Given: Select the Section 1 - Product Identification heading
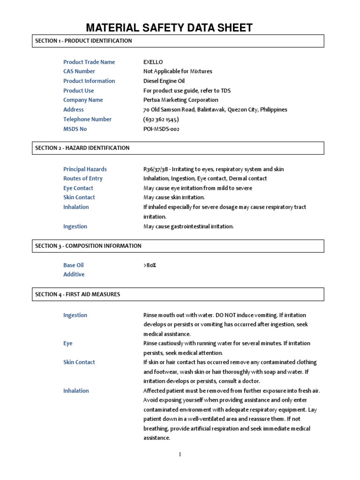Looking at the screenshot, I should point(83,41).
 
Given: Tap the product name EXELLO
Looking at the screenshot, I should point(153,62).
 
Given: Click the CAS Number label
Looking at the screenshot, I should point(79,71).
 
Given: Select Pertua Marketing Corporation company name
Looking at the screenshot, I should point(180,100).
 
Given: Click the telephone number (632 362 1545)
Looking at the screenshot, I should point(161,119).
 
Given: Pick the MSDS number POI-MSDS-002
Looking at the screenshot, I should point(161,129).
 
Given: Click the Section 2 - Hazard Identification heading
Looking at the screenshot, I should point(82,148).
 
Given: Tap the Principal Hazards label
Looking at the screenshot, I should point(85,169).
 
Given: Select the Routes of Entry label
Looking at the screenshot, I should point(83,179).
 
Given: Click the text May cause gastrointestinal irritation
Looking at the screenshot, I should point(188,226).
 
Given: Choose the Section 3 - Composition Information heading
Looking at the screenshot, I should point(88,246).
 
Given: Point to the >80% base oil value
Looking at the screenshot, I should point(150,265).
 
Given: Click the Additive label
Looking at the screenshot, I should point(74,275).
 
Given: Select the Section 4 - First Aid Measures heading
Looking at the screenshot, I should point(78,294).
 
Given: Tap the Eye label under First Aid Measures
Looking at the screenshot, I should point(68,344).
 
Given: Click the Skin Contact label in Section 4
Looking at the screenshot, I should point(79,362).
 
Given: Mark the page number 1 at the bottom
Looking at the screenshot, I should point(180,454).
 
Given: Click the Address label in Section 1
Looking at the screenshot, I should point(74,110).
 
